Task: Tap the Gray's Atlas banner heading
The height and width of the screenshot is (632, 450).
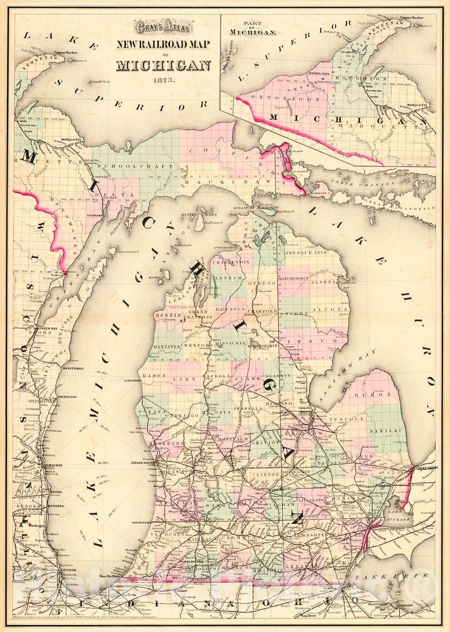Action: (x=164, y=28)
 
